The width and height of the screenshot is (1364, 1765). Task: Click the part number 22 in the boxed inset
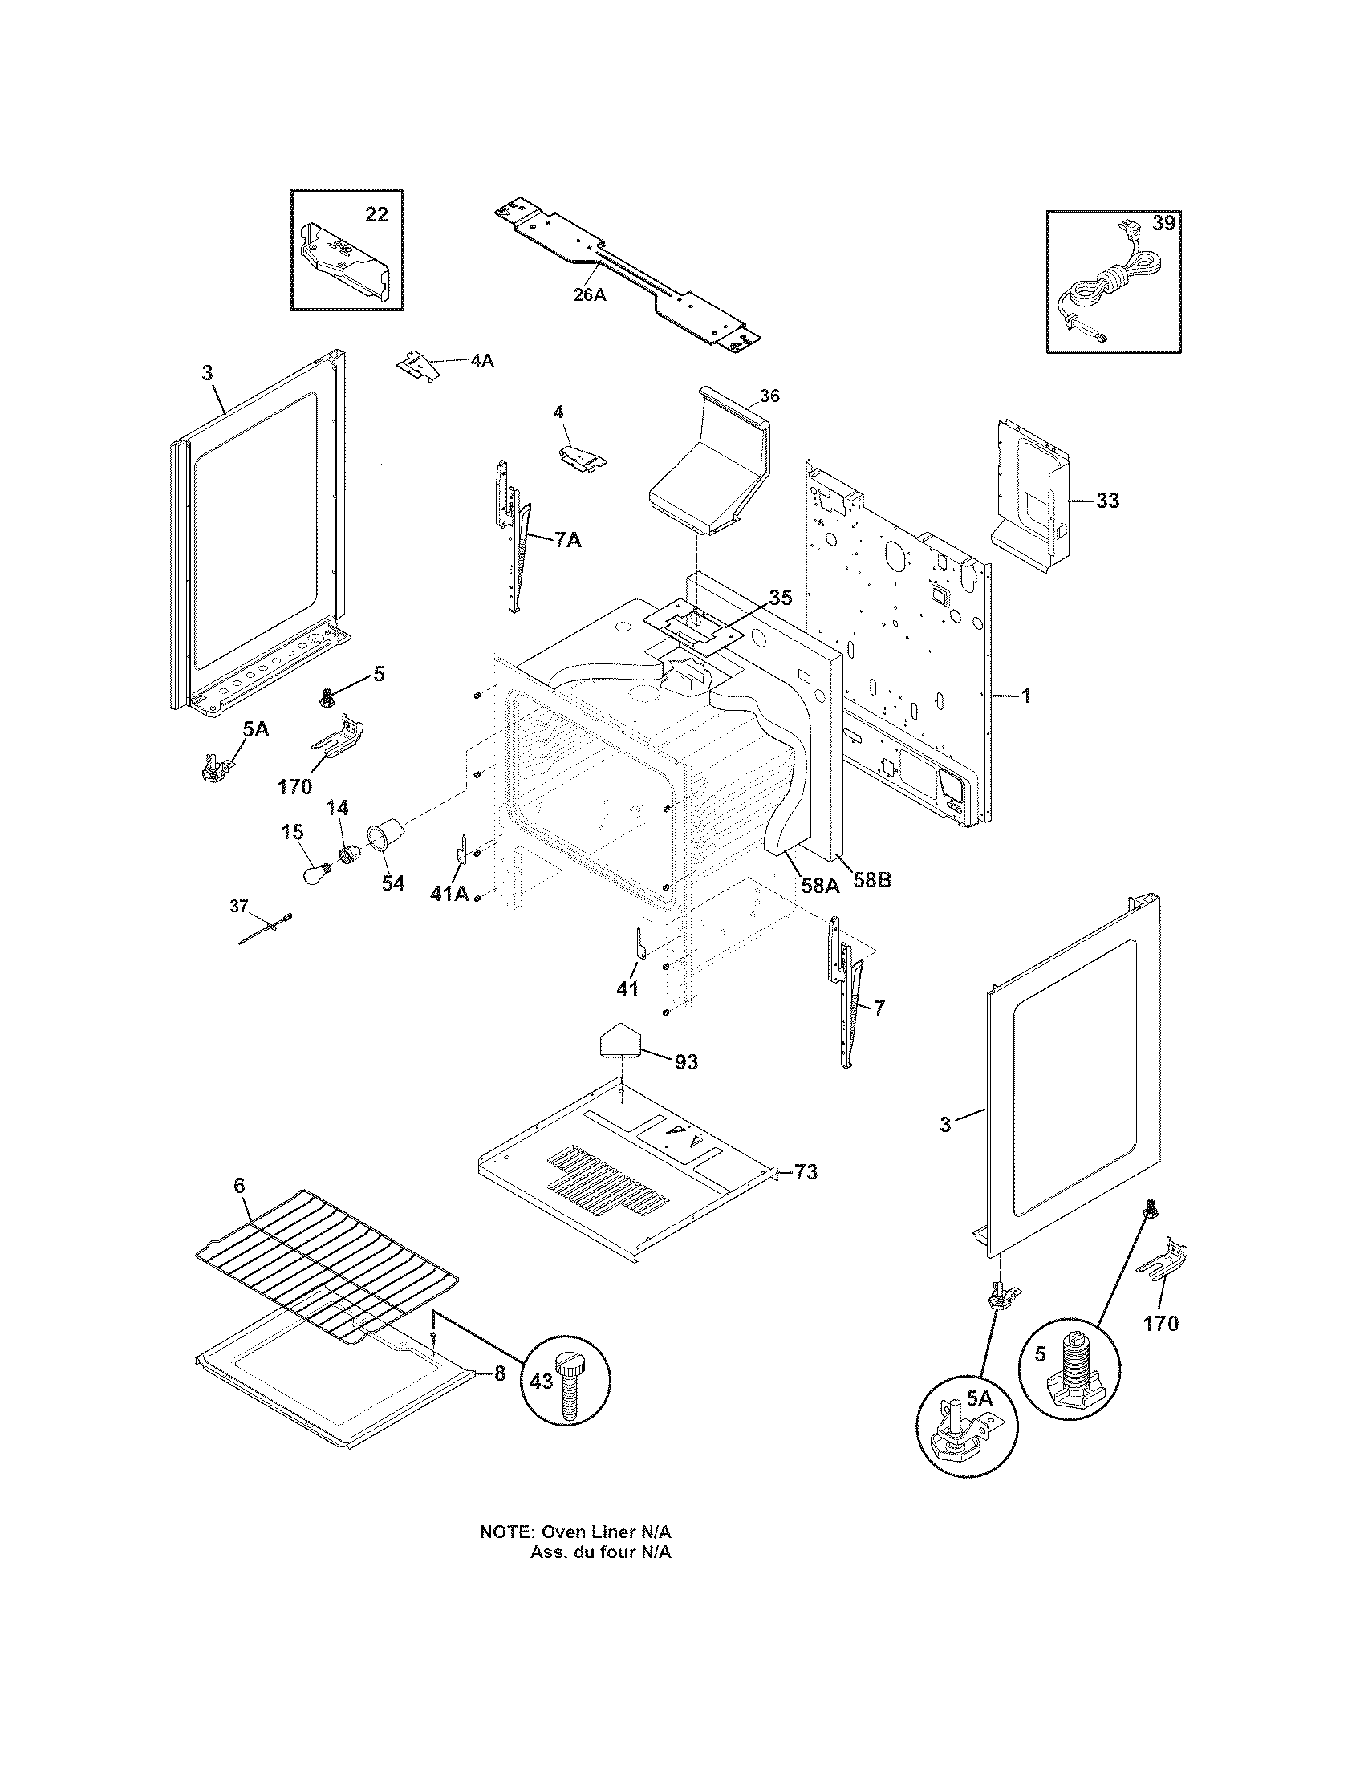coord(376,214)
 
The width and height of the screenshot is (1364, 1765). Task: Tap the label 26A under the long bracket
coord(589,295)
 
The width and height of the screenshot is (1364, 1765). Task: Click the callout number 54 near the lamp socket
coord(392,883)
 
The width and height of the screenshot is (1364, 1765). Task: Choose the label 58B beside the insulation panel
coord(873,880)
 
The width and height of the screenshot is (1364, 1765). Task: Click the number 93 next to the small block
coord(686,1062)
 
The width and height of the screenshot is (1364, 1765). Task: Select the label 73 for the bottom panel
coord(806,1171)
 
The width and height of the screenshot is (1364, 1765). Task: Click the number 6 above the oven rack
coord(239,1186)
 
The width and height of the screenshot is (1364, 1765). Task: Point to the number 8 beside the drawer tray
coord(499,1373)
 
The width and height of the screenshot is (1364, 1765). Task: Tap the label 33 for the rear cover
coord(1107,501)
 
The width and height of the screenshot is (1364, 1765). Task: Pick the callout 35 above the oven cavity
coord(780,598)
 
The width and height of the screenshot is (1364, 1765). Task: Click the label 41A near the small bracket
coord(449,894)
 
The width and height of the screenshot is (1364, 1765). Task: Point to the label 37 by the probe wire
coord(239,906)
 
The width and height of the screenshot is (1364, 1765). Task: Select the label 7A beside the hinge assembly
coord(567,540)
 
